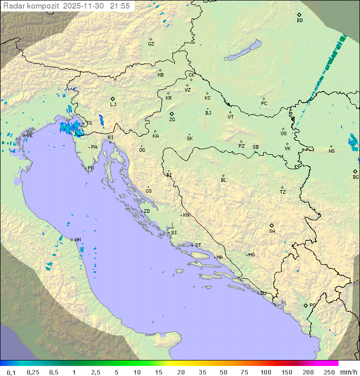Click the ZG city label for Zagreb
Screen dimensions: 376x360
pos(172,120)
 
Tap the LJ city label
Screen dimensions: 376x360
pos(113,104)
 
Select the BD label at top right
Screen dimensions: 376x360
pos(299,21)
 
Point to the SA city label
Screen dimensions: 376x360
pos(272,231)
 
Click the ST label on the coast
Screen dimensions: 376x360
pos(198,245)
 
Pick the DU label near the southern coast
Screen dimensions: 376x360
pos(262,293)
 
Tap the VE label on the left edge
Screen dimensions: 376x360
pos(29,136)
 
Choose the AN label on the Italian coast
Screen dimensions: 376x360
pos(77,240)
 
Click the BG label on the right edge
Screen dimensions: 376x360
pos(355,177)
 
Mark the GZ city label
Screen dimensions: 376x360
pos(151,44)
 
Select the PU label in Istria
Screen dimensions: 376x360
pos(90,168)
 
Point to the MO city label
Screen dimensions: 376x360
pos(251,255)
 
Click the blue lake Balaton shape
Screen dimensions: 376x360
pos(243,51)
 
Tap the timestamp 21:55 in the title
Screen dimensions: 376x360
pos(120,6)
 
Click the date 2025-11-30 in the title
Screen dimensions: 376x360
pos(85,6)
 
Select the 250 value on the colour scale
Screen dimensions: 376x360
pos(329,372)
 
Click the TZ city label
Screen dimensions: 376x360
pos(283,192)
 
